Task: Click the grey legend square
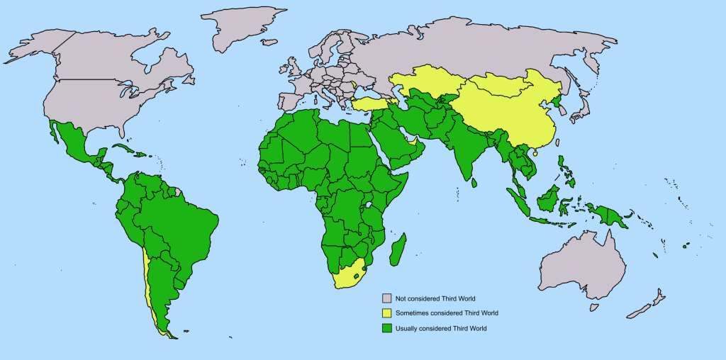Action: point(387,298)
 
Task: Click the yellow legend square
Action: point(387,313)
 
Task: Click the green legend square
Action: point(387,328)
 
